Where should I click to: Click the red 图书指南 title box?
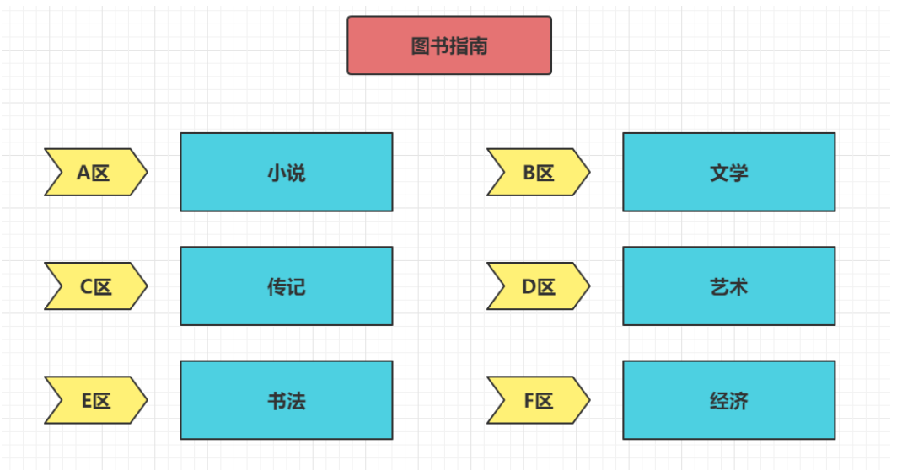(449, 45)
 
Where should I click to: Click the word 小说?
(287, 173)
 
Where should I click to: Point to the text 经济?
(729, 401)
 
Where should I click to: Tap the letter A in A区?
(84, 173)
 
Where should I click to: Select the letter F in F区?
(529, 400)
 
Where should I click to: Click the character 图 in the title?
(421, 45)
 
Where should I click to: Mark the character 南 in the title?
(478, 45)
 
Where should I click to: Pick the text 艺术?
(729, 287)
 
